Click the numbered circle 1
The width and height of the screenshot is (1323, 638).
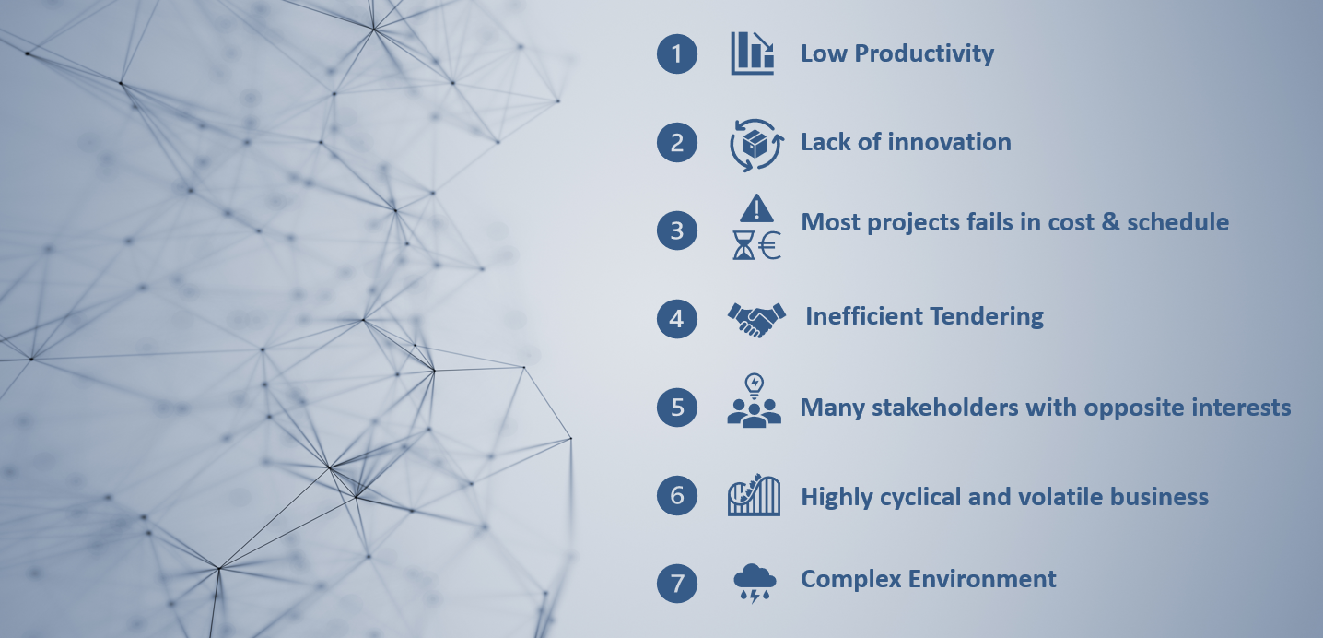tap(677, 53)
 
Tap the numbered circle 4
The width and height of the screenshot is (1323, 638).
tap(677, 319)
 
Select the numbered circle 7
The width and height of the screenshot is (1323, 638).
tap(677, 583)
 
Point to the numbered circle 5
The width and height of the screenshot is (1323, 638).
tap(677, 407)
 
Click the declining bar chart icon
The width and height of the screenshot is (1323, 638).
tap(752, 53)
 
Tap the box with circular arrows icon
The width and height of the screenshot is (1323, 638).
tap(756, 145)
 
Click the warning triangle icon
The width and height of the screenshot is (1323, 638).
tap(756, 208)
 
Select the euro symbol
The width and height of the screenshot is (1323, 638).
tap(769, 245)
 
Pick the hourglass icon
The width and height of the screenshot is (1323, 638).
tap(743, 245)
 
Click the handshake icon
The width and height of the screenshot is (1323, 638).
tap(756, 319)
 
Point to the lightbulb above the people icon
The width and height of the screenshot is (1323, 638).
tap(755, 385)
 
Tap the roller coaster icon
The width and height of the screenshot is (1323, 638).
tap(754, 494)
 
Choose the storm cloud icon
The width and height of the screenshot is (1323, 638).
tap(755, 583)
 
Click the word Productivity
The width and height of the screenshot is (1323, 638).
tap(924, 54)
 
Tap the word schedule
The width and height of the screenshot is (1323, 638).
tap(1177, 222)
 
